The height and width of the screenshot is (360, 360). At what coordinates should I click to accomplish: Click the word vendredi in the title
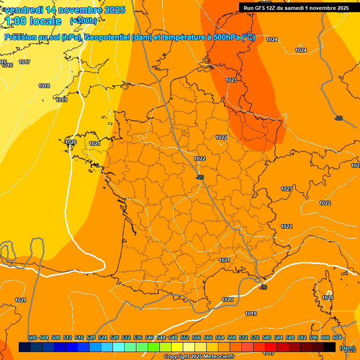[x=23, y=10]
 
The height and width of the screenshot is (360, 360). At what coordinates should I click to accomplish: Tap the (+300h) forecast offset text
[x=83, y=21]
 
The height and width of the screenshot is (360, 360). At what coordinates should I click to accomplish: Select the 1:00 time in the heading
[x=15, y=21]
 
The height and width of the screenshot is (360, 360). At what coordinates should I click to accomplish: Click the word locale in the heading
[x=45, y=21]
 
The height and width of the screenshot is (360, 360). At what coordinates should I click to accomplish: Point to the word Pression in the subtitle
[x=22, y=37]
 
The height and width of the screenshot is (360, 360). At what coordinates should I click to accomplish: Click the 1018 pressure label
[x=44, y=86]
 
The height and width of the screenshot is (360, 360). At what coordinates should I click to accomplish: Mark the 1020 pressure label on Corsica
[x=328, y=298]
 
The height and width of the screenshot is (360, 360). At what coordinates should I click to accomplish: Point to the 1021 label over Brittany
[x=94, y=143]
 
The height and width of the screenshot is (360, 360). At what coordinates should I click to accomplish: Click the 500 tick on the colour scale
[x=32, y=337]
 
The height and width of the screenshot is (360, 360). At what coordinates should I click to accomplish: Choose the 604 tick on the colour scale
[x=337, y=337]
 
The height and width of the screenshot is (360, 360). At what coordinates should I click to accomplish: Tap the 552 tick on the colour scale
[x=185, y=337]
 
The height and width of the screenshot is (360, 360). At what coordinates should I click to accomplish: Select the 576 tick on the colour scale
[x=255, y=337]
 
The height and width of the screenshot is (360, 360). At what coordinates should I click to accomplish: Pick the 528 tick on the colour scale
[x=114, y=337]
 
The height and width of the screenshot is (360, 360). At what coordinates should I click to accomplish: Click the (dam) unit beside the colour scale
[x=347, y=348]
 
